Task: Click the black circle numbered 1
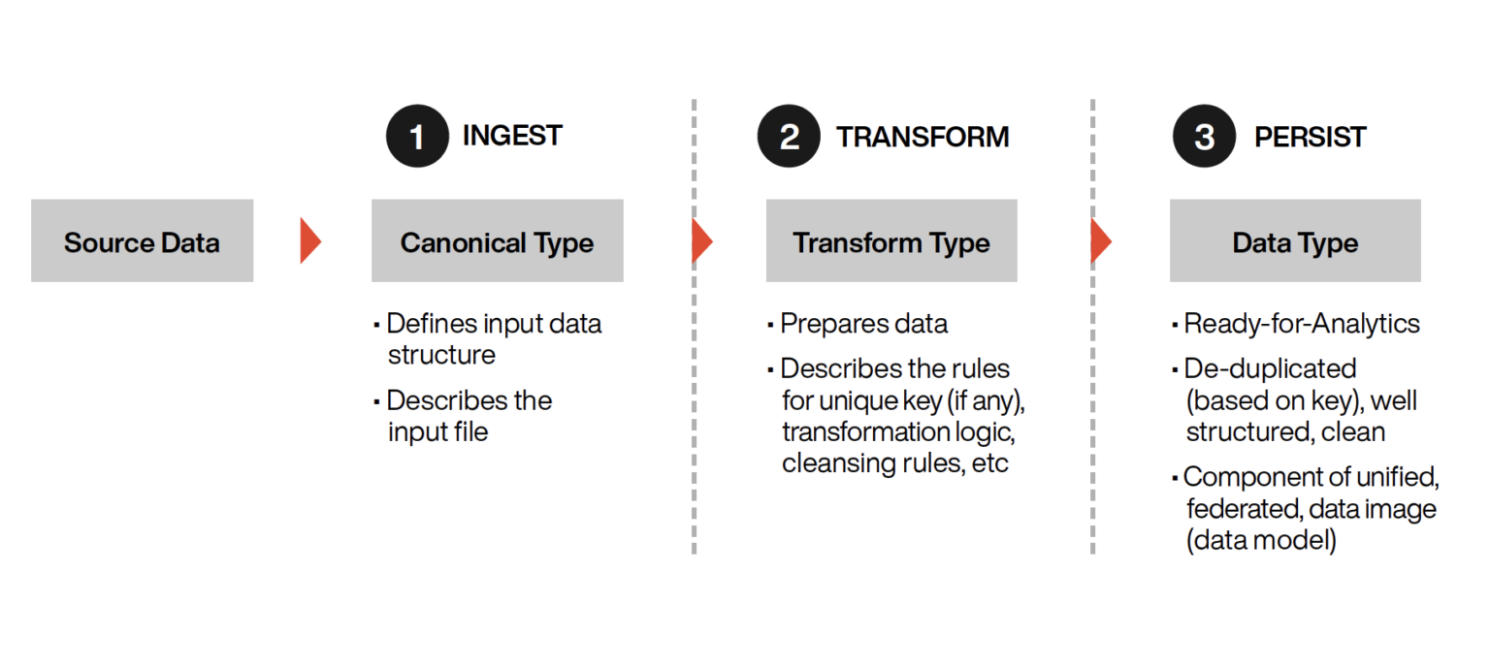pos(418,137)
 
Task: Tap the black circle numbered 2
pos(789,137)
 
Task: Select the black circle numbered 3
pos(1204,137)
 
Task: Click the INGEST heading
pos(512,136)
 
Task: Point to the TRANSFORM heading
pos(923,137)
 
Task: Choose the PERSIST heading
pos(1310,137)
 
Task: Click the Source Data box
pos(143,240)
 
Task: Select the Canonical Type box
pos(498,240)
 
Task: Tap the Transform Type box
pos(891,240)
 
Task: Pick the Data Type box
pos(1295,240)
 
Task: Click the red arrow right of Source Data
pos(310,240)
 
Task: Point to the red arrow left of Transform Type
pos(702,240)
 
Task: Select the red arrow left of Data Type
pos(1101,240)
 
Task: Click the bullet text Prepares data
pos(863,324)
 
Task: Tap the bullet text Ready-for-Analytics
pos(1302,324)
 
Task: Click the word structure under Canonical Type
pos(441,355)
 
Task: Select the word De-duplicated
pos(1271,368)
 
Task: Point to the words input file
pos(438,432)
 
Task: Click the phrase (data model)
pos(1261,540)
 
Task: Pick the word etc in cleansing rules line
pos(989,463)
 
